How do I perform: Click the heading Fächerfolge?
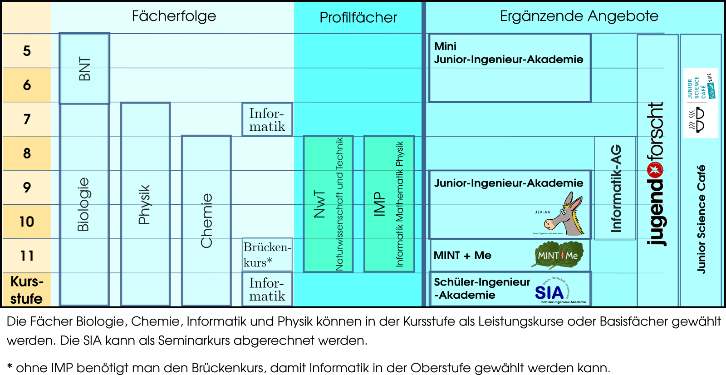coord(174,16)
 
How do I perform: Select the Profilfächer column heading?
coord(358,18)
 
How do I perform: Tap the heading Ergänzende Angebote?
coord(579,16)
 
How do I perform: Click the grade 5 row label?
coord(27,51)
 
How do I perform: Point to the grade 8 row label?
coord(27,153)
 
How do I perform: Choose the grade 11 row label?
coord(27,256)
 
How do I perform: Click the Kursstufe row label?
coord(26,290)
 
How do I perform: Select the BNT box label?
coord(85,69)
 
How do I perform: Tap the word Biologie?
coord(83,204)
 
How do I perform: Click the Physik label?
coord(144,204)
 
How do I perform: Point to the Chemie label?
coord(206,221)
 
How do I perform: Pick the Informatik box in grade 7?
coord(267,120)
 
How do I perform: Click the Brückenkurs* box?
coord(267,255)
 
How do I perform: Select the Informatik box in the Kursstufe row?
coord(267,289)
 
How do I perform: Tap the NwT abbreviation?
coord(319,204)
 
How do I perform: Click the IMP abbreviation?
coord(379,204)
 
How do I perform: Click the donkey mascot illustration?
coord(565,215)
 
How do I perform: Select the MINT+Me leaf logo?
coord(558,255)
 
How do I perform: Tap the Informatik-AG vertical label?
coord(616,188)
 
